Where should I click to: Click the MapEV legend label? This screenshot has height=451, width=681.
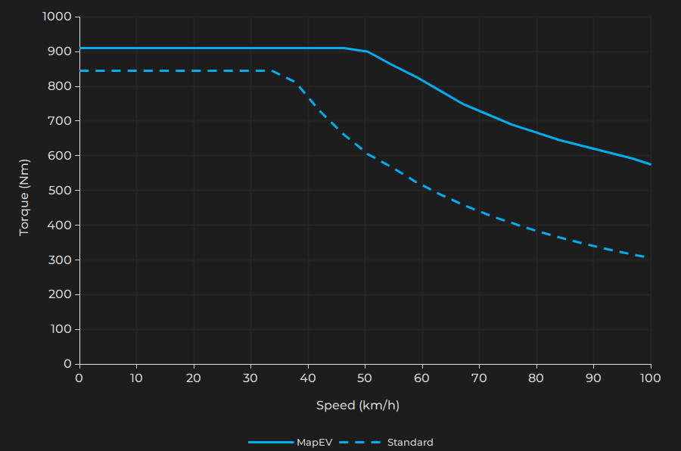(314, 443)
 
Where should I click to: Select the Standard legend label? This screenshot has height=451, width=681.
(410, 443)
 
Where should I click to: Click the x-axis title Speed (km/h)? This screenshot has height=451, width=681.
(358, 406)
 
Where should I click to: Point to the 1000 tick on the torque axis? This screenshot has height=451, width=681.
(58, 17)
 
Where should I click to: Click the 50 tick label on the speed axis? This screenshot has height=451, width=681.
(365, 378)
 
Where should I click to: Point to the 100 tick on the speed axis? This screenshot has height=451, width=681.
(650, 378)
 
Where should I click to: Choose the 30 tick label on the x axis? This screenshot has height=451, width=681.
(250, 378)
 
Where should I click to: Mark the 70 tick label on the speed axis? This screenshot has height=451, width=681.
(479, 378)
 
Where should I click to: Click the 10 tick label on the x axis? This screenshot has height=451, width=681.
(136, 378)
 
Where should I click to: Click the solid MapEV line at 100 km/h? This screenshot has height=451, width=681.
(650, 164)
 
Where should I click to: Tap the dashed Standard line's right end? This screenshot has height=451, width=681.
(644, 257)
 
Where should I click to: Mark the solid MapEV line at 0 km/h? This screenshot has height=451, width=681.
(80, 48)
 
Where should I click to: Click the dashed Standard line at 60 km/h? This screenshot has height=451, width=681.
(422, 185)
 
